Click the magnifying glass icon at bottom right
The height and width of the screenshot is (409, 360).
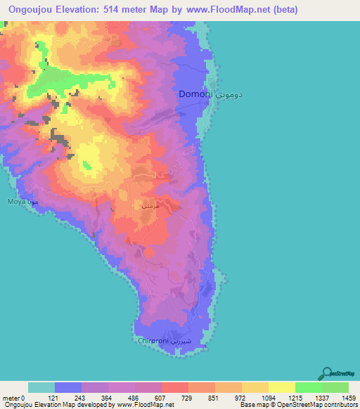click(326, 372)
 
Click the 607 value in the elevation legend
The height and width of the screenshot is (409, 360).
click(162, 398)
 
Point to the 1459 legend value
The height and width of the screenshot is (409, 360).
click(348, 398)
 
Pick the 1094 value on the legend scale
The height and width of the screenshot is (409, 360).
click(269, 398)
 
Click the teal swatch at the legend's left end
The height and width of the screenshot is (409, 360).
click(41, 387)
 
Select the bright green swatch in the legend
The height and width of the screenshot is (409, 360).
click(309, 387)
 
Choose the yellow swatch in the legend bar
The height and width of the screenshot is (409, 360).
click(282, 387)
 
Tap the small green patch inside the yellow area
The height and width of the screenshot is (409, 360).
click(88, 166)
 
